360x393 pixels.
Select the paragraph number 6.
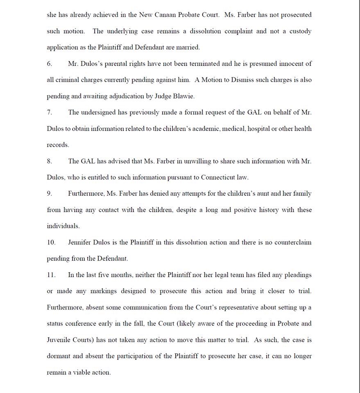point(49,63)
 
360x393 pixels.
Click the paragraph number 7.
point(49,112)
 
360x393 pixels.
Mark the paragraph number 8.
point(49,161)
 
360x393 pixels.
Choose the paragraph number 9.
point(49,194)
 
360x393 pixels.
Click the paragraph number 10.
point(51,242)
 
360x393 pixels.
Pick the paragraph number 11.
point(51,275)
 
